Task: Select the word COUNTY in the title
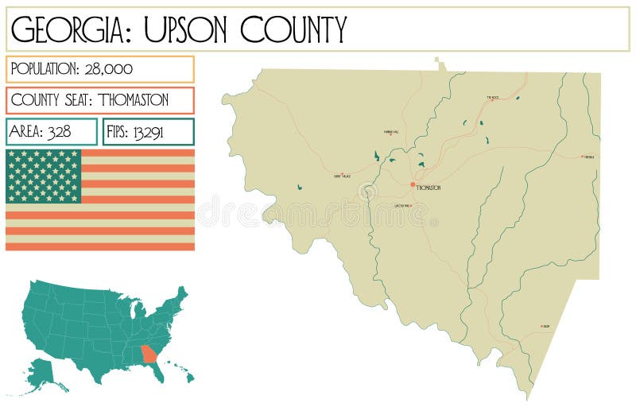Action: click(x=294, y=29)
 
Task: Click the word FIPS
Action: click(x=118, y=132)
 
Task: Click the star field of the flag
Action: click(x=44, y=176)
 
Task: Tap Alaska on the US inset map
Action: click(x=45, y=370)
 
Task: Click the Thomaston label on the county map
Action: click(x=429, y=188)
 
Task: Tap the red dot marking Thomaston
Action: click(x=413, y=184)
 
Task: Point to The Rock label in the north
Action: click(x=493, y=98)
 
